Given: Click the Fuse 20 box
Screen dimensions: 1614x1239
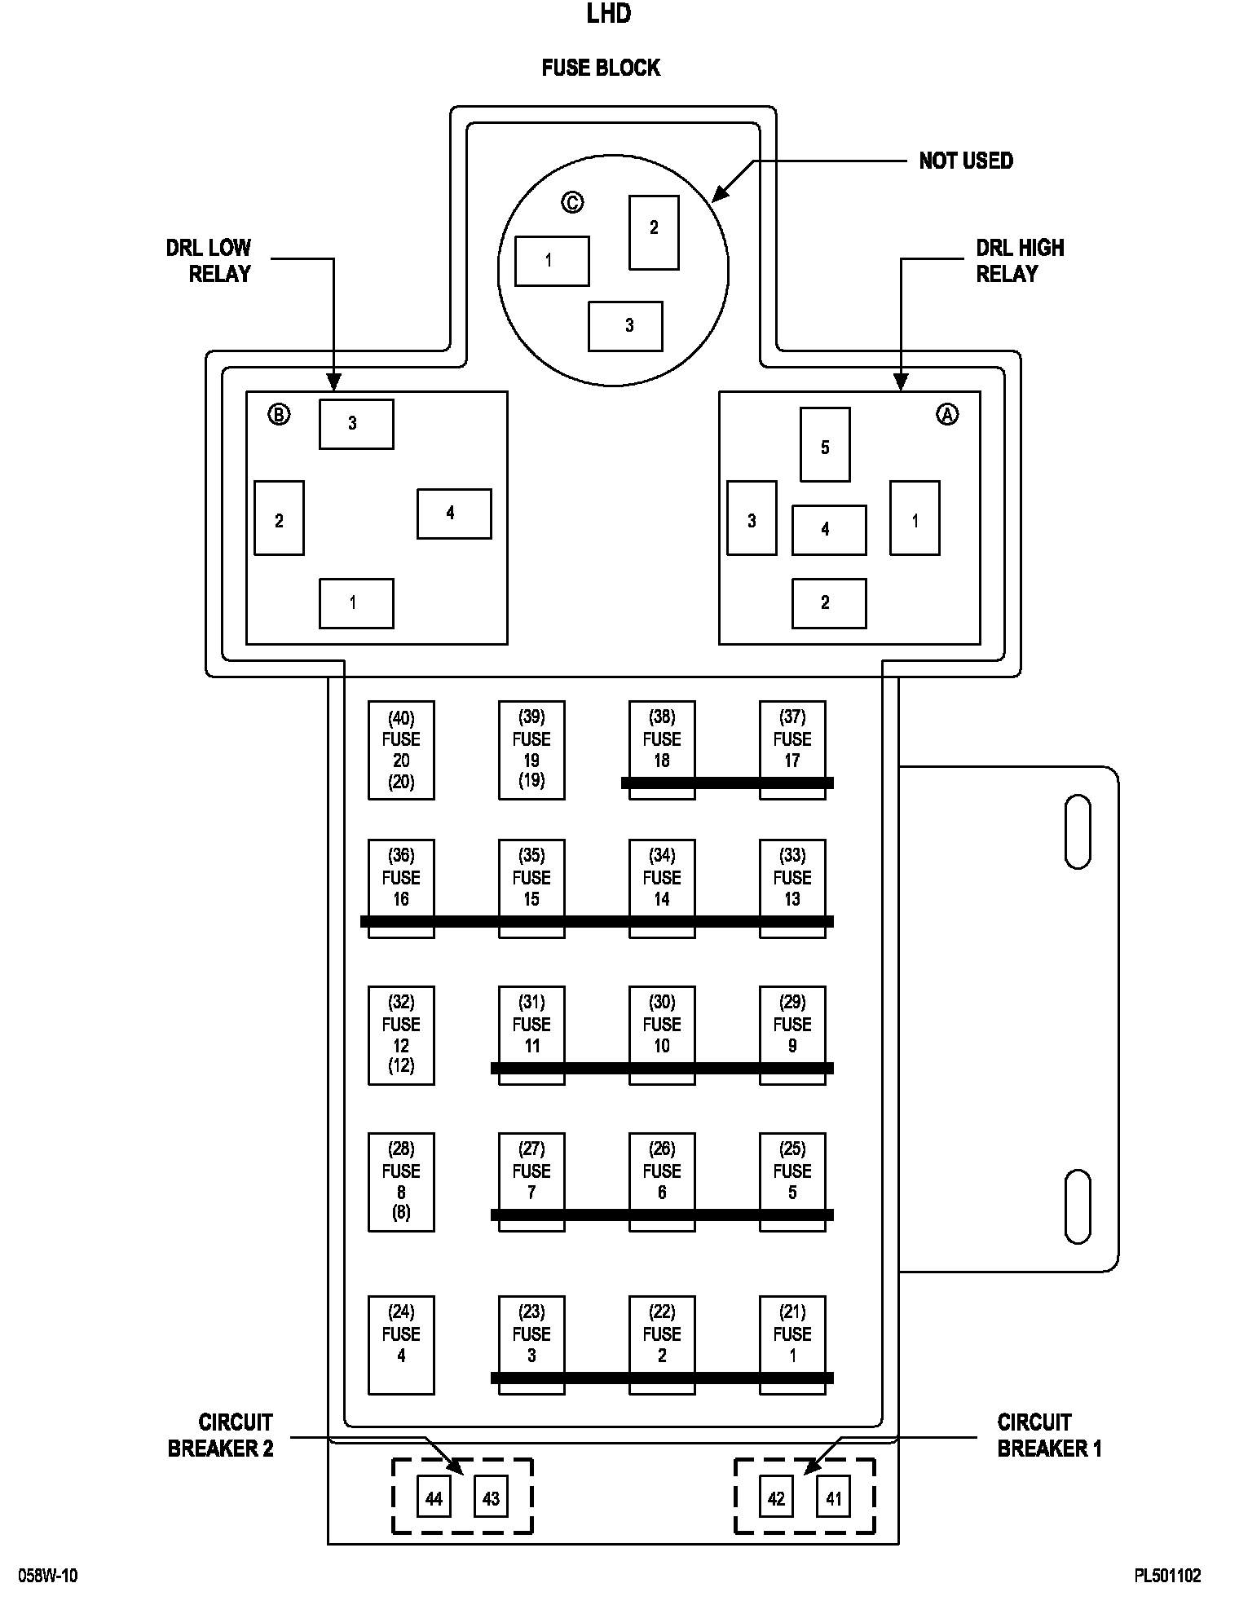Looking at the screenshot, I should [401, 750].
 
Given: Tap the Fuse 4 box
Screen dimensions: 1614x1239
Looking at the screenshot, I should [401, 1345].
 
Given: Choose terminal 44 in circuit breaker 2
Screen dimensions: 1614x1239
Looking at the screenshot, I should [434, 1499].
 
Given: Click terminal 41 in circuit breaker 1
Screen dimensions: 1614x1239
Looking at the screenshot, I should [833, 1499].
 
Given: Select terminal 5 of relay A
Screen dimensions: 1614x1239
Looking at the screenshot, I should [825, 444].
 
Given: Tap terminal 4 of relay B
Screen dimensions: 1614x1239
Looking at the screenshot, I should [454, 514].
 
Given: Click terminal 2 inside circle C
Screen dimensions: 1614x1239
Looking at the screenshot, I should [654, 232].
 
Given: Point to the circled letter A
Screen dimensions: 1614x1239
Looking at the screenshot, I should [946, 415].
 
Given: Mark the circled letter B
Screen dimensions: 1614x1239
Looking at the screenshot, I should [279, 415].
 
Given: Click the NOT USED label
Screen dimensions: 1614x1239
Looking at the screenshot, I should [966, 161].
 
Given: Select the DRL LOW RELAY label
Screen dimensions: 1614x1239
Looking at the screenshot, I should [209, 261].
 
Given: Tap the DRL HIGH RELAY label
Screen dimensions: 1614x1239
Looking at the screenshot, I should [1020, 261].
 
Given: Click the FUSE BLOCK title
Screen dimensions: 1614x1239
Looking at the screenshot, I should [601, 68].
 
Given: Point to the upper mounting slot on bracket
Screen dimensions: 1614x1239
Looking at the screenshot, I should [1078, 831].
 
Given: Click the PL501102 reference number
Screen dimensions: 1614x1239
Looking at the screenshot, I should [1167, 1576].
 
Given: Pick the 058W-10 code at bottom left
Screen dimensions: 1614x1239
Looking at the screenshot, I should [49, 1576].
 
